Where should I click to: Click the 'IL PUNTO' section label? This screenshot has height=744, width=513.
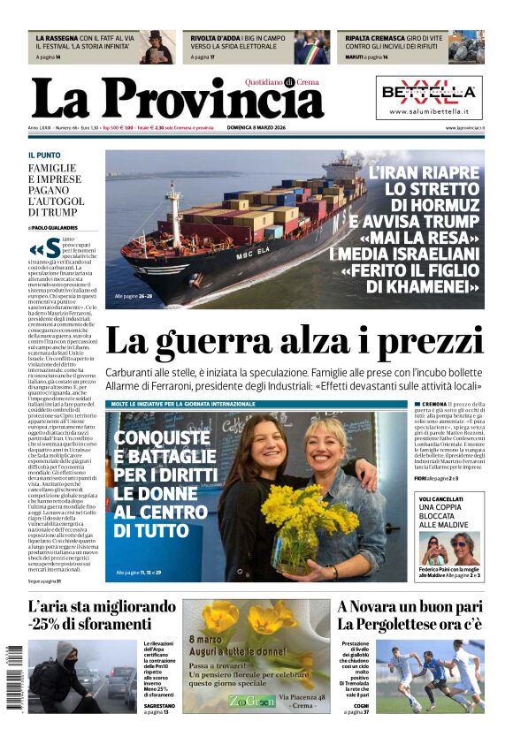pos(44,155)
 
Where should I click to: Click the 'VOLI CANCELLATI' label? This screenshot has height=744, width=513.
pos(445,498)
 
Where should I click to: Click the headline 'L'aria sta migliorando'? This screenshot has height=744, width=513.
pos(102,607)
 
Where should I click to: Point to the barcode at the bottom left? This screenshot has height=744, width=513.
pos(15,677)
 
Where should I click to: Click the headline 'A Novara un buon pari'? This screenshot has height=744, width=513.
pos(410,607)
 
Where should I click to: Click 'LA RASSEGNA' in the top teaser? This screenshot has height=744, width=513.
pos(56,38)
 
